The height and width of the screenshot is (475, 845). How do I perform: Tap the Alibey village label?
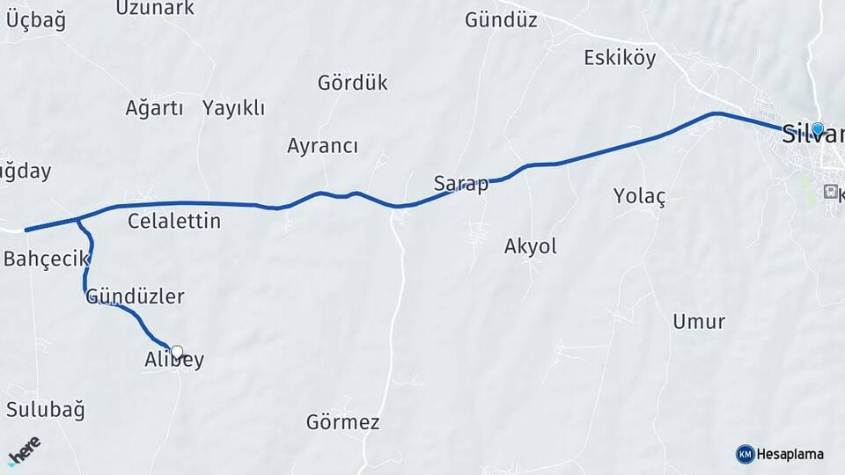point(174,360)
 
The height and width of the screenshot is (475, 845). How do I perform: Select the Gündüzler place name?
point(135,296)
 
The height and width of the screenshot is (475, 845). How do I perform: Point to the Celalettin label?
point(174,221)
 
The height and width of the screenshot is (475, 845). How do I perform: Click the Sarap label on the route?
point(460,184)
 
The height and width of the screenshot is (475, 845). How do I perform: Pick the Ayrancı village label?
point(322,146)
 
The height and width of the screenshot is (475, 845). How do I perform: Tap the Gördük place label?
point(352,83)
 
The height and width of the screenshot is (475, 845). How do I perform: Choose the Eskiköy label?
point(620,58)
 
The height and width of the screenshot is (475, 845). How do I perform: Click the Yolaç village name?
point(639,196)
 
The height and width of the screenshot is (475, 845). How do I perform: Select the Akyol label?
point(530,246)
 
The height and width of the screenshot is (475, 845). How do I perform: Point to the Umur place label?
point(699,321)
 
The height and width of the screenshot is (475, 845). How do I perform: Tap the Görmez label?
point(342,422)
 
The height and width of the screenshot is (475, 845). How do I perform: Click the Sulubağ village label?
point(45,409)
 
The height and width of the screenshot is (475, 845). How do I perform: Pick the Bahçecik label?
point(47,259)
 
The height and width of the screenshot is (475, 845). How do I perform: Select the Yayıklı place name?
point(233,108)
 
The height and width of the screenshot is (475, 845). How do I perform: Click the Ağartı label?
point(154,108)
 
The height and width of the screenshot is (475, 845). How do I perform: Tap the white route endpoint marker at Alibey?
point(177,353)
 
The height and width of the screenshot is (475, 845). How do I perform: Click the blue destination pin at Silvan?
point(818,129)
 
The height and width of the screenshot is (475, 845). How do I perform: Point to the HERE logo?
point(24,450)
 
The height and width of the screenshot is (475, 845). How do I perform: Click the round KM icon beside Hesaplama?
point(745,454)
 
